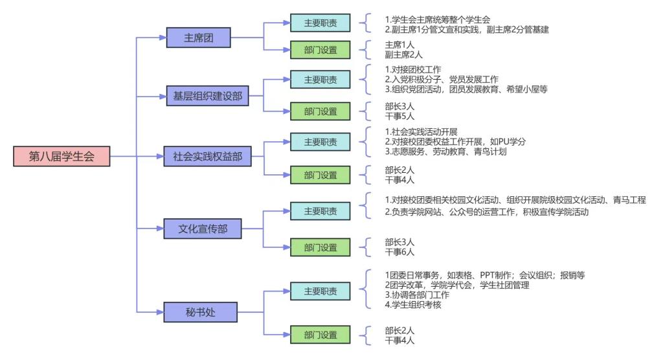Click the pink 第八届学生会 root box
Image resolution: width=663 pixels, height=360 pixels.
62,156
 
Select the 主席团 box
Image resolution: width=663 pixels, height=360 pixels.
198,38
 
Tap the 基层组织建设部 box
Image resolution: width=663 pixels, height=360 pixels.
207,96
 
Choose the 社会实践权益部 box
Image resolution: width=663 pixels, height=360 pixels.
207,156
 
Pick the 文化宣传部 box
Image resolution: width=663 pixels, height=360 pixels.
203,229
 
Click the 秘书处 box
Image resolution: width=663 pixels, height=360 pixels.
201,312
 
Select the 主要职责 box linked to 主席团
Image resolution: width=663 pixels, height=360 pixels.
320,23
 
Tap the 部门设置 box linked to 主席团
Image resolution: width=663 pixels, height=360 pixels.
320,50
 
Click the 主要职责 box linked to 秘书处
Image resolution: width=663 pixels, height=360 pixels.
320,291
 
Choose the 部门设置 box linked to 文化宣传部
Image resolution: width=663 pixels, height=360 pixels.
320,247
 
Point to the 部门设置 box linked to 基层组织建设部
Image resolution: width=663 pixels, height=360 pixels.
320,111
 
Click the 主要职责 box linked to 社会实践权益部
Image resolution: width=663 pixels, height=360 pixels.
320,142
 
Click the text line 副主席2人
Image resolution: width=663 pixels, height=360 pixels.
403,54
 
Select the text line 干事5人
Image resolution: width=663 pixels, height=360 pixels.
399,116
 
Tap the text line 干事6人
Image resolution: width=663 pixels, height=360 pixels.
399,252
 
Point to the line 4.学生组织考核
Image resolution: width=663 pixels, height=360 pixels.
413,304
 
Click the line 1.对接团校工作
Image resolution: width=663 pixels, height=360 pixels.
413,69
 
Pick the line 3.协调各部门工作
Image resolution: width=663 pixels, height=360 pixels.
417,295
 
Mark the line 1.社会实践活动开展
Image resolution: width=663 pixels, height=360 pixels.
421,131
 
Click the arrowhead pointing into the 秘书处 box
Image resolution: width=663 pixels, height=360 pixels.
161,312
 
